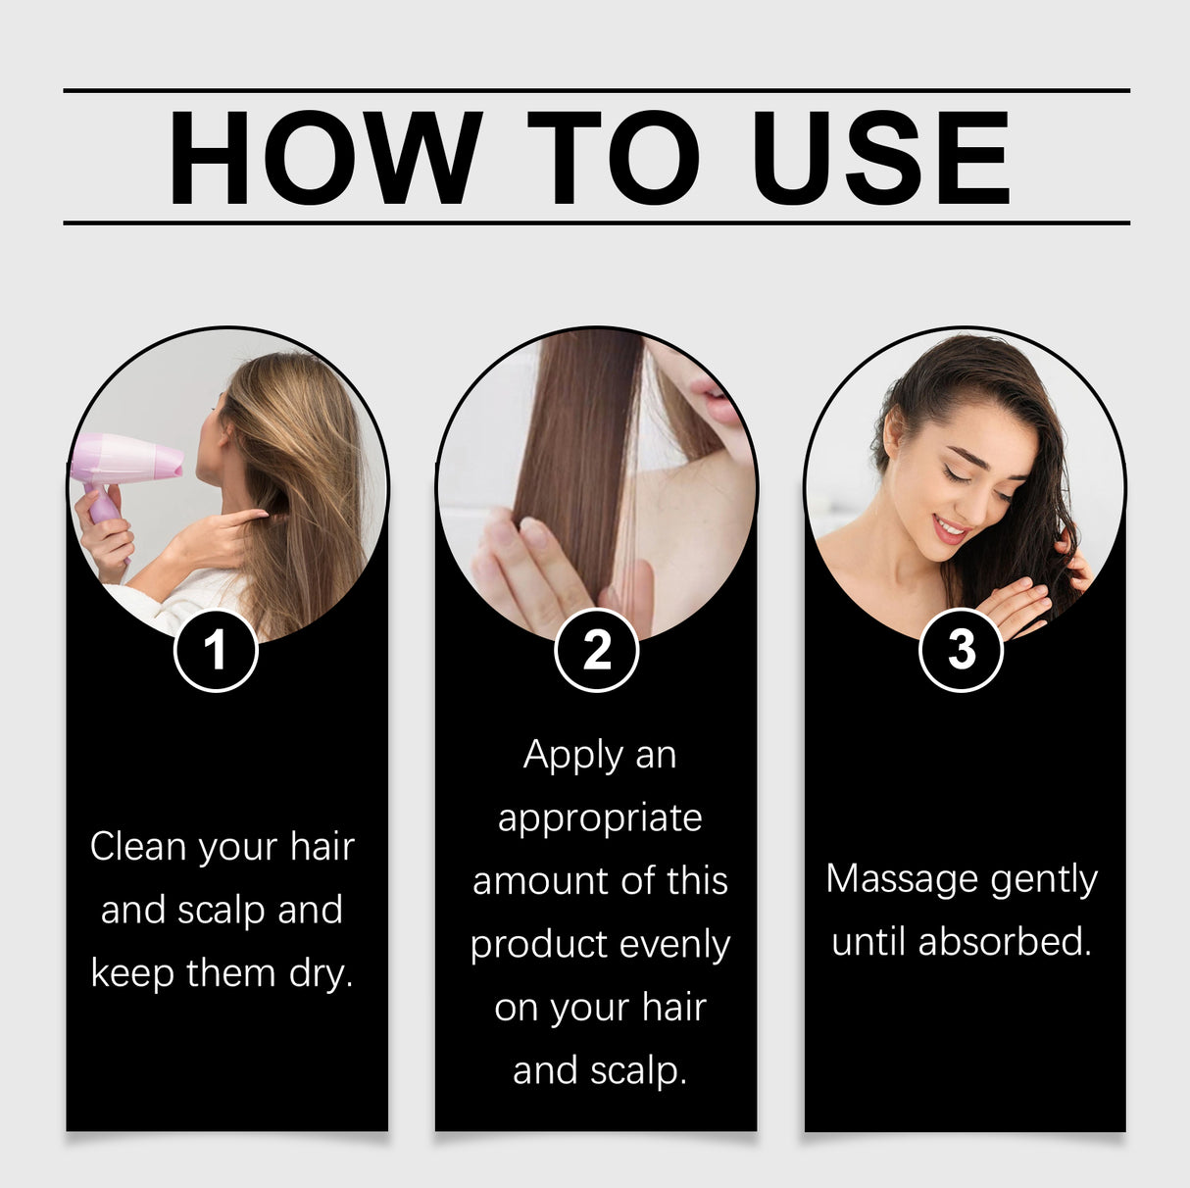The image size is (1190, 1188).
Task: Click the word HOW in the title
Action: [324, 158]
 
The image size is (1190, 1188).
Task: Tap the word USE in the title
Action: [879, 158]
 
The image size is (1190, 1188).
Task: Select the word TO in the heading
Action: [614, 158]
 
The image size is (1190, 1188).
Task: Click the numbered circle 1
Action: [216, 650]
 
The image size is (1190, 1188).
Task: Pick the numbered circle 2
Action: [596, 650]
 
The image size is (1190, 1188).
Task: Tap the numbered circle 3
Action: [961, 650]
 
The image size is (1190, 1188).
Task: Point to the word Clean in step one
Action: [138, 847]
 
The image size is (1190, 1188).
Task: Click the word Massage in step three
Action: [902, 879]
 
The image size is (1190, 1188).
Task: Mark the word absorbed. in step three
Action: [1004, 942]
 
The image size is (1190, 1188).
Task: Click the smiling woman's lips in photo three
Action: [949, 530]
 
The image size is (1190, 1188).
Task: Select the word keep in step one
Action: [132, 973]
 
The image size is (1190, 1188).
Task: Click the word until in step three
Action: [869, 942]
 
